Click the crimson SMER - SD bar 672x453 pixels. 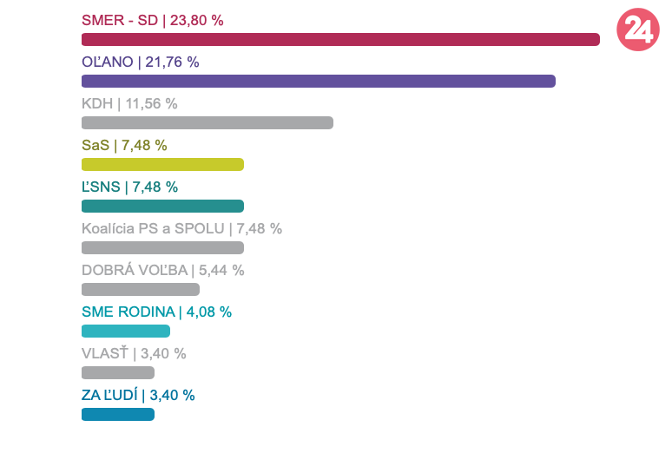[340, 39]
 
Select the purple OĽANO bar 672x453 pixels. [318, 81]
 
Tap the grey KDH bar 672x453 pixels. [207, 122]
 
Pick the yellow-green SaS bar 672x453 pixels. [162, 164]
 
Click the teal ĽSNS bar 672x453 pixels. [162, 206]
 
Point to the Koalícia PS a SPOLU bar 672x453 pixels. [162, 247]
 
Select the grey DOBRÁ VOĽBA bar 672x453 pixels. [141, 289]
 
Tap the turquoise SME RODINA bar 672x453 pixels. [126, 331]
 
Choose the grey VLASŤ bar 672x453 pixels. [118, 372]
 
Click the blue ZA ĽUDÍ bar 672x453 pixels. [118, 414]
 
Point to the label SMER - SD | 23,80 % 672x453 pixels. [153, 20]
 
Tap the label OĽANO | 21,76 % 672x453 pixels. [141, 62]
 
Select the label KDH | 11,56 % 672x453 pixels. [129, 103]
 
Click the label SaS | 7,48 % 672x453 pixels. [124, 145]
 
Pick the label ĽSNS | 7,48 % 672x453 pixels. [129, 187]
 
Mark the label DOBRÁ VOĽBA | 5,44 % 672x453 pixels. [163, 270]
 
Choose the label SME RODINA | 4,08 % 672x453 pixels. [156, 312]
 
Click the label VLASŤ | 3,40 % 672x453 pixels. [134, 353]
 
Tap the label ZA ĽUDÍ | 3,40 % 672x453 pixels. [138, 395]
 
